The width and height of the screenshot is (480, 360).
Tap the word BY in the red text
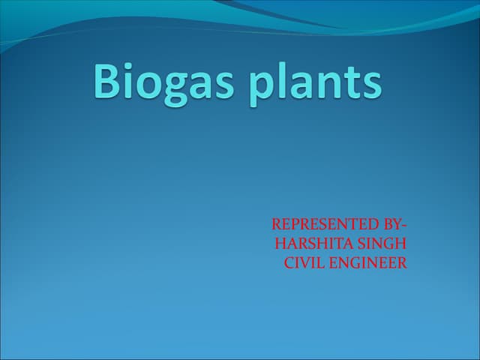coord(392,223)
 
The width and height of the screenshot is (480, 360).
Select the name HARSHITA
coord(307,243)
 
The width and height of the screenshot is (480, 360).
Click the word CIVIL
coord(301,262)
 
